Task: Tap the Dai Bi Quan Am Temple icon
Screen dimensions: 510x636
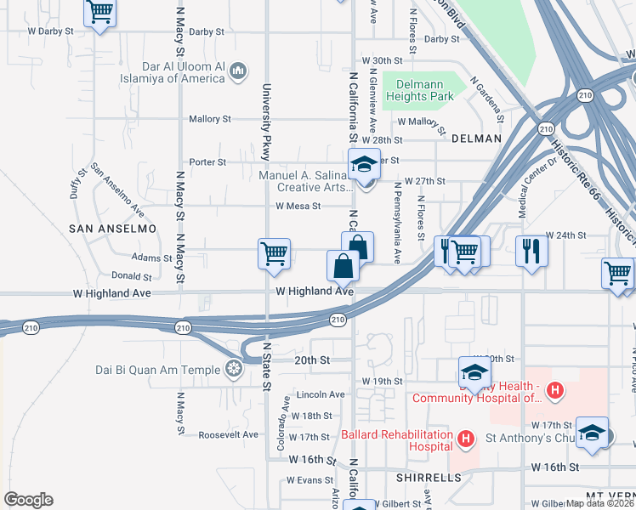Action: point(234,369)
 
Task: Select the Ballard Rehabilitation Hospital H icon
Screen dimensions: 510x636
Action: point(465,439)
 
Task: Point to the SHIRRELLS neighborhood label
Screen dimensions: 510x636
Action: point(429,478)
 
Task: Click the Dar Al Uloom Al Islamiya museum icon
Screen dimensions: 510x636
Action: point(239,70)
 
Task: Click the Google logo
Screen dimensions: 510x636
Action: point(28,500)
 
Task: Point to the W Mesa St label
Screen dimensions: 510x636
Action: point(298,206)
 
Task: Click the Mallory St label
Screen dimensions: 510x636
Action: point(210,119)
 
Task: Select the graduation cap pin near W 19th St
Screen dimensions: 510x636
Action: point(474,371)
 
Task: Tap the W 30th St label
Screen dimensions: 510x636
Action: point(381,61)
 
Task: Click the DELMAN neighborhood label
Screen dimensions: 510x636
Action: point(477,138)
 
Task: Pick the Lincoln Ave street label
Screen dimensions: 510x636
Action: point(321,394)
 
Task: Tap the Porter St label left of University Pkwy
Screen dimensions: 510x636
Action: point(207,161)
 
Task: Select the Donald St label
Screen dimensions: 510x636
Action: point(131,276)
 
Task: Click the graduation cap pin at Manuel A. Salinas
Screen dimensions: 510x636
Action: point(364,164)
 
